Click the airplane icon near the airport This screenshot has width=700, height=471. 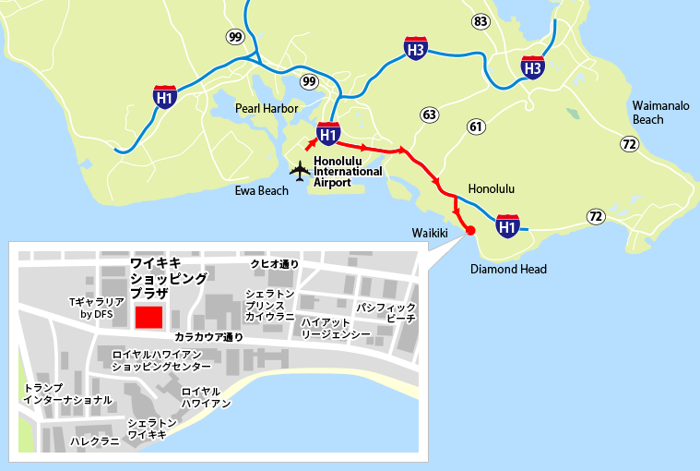(x=299, y=171)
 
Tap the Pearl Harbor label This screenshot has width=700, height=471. (x=267, y=108)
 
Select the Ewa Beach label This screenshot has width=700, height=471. (x=260, y=191)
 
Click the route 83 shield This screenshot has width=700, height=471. (x=481, y=20)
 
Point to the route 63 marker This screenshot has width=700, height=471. (x=429, y=115)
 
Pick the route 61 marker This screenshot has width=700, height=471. (x=476, y=127)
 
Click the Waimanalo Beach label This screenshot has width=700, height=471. (x=660, y=113)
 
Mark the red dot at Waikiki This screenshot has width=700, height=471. (x=469, y=231)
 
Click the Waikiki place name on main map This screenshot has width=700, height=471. (x=429, y=234)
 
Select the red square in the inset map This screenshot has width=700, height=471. (x=148, y=317)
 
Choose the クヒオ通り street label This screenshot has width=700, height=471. (x=275, y=263)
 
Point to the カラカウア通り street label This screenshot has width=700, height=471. (x=208, y=337)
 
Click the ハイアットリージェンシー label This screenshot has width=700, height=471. (x=336, y=327)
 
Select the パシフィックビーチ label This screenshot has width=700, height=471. (x=386, y=312)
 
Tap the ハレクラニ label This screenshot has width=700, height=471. (x=95, y=441)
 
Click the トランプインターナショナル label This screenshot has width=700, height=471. (x=68, y=394)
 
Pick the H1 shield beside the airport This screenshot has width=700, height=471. (x=327, y=135)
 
